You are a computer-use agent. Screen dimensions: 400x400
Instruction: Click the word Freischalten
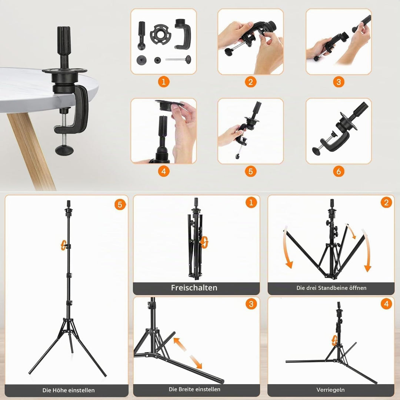pyautogui.click(x=194, y=288)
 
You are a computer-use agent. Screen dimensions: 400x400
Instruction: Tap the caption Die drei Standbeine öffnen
pyautogui.click(x=331, y=288)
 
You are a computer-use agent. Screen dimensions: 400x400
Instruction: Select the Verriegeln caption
pyautogui.click(x=331, y=390)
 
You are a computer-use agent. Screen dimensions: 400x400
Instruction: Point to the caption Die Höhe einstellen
pyautogui.click(x=69, y=390)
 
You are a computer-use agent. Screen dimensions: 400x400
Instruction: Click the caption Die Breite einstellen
pyautogui.click(x=194, y=389)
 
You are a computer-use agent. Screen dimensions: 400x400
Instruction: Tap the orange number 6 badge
pyautogui.click(x=339, y=171)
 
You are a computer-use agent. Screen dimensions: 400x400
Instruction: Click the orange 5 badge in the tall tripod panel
pyautogui.click(x=120, y=204)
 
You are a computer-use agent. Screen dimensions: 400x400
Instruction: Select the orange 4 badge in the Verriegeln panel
pyautogui.click(x=386, y=304)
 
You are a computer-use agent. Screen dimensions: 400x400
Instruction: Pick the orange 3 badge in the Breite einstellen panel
pyautogui.click(x=251, y=304)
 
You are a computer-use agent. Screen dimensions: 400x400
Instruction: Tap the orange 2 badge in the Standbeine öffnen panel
pyautogui.click(x=386, y=203)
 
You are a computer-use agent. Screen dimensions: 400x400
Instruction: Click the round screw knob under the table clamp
pyautogui.click(x=64, y=150)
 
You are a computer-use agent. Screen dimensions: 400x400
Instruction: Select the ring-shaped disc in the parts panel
pyautogui.click(x=160, y=35)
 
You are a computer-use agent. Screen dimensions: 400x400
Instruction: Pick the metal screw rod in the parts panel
pyautogui.click(x=178, y=59)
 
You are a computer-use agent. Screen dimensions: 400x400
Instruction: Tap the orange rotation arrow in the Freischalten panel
pyautogui.click(x=204, y=242)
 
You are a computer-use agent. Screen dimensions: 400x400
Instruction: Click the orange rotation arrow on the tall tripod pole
pyautogui.click(x=63, y=245)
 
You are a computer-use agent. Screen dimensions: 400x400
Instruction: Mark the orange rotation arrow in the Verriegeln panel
pyautogui.click(x=334, y=341)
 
